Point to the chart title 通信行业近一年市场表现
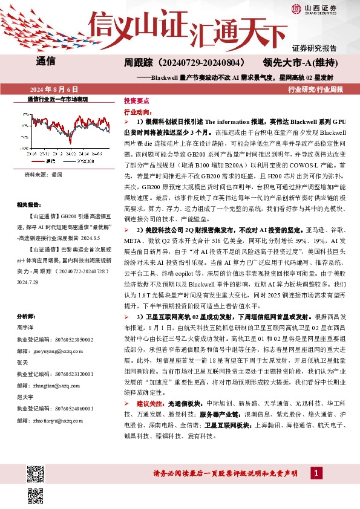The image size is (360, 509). click(58, 99)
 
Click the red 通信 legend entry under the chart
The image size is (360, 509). click(48, 161)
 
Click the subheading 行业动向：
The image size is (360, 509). click(137, 112)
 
